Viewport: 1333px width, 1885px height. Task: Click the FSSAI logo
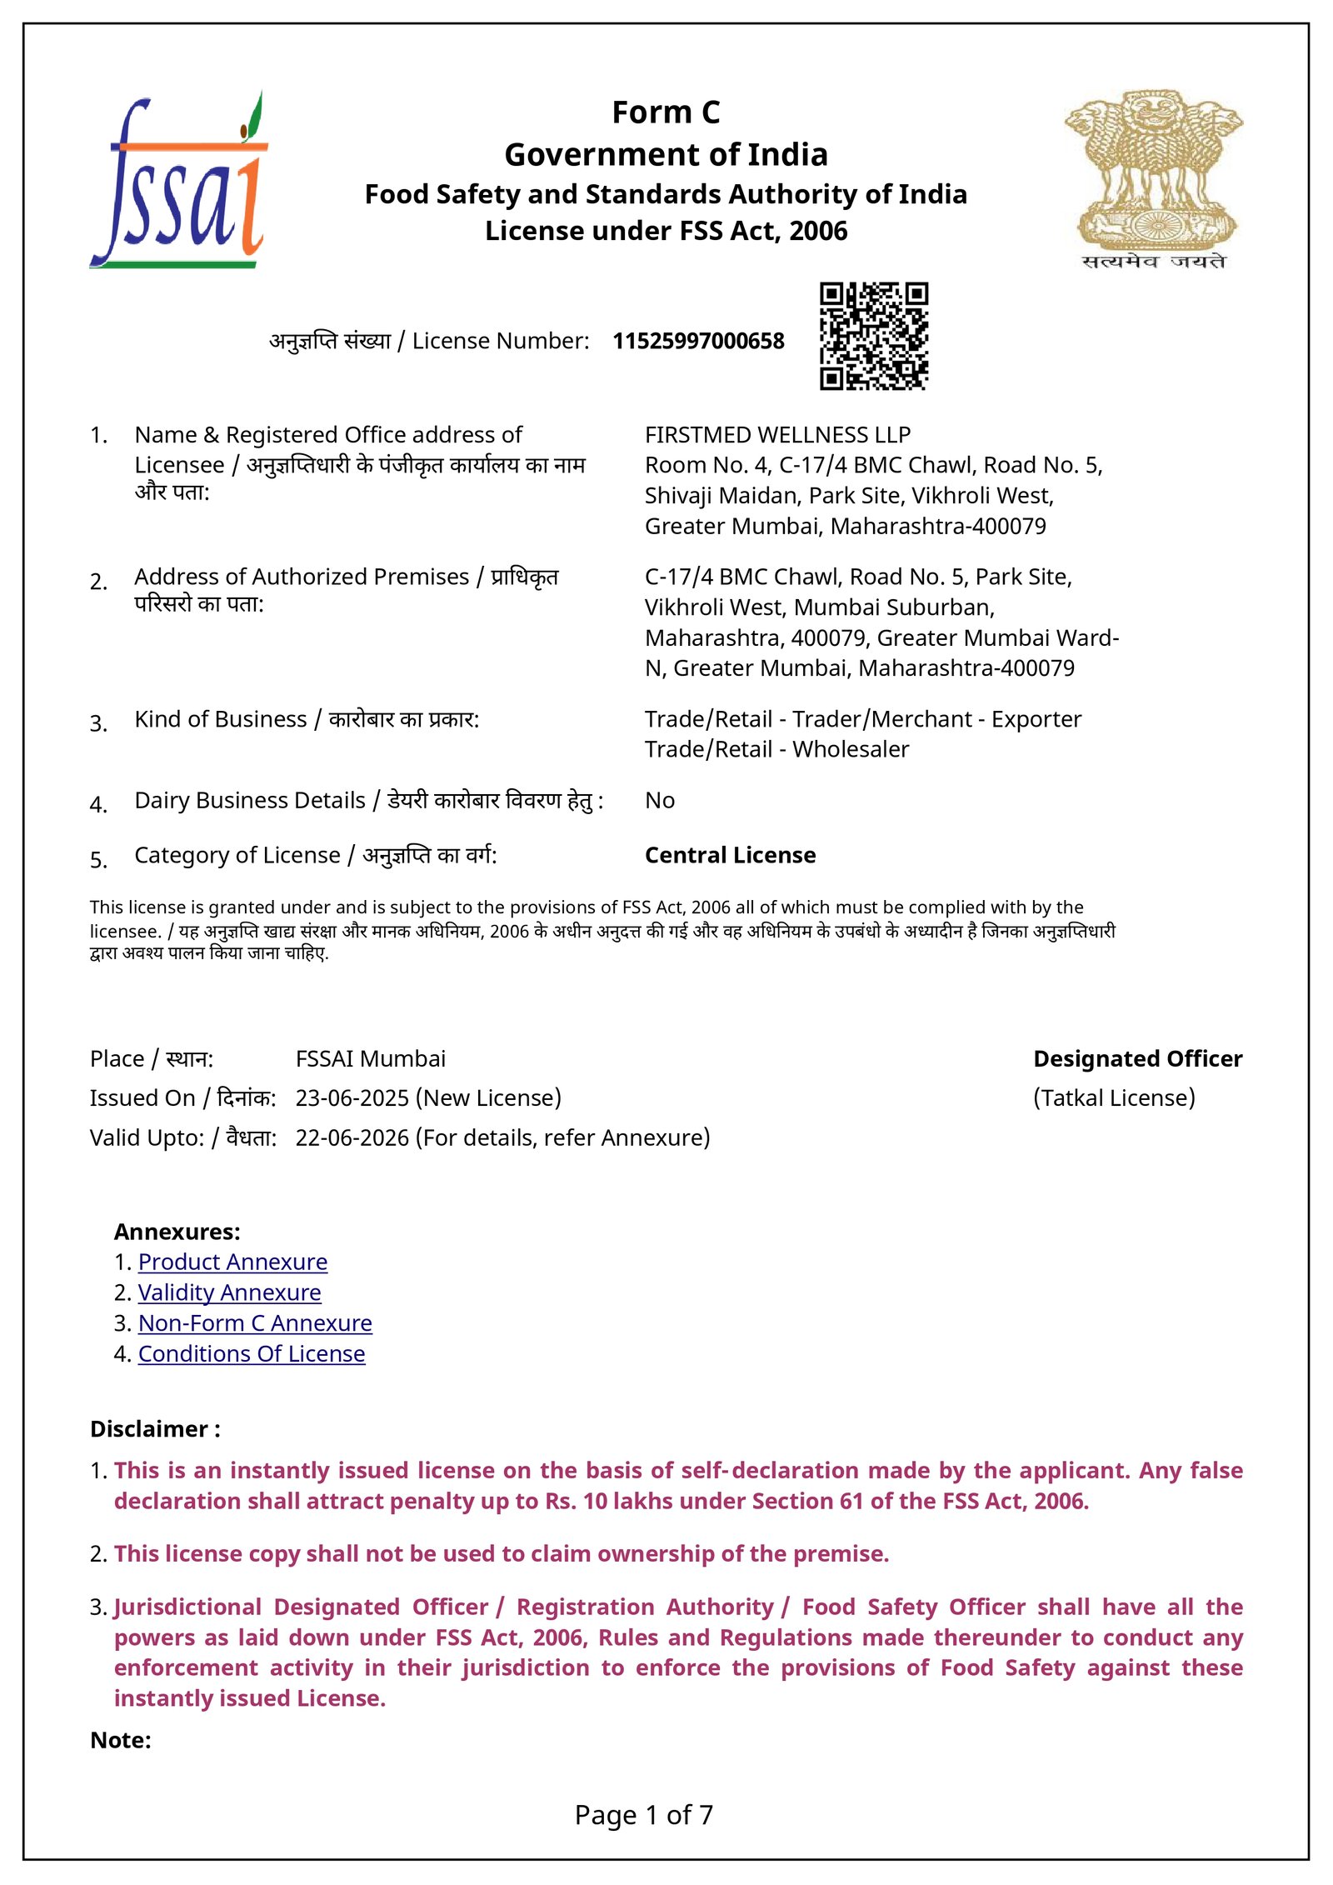(178, 182)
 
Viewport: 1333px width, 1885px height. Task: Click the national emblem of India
(1154, 179)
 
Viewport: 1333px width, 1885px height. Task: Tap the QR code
(874, 336)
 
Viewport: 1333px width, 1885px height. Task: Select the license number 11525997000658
(698, 341)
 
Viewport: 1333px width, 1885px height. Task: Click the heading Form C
(666, 112)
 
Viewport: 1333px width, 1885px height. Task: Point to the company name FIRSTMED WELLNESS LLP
(777, 435)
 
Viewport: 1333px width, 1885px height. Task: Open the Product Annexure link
(232, 1262)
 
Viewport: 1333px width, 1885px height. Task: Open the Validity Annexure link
(229, 1292)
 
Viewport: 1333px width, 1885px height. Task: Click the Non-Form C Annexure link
(255, 1323)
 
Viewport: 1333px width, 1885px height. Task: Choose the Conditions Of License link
(252, 1354)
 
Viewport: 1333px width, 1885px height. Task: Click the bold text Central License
(730, 855)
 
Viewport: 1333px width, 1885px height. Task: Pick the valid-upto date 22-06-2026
(352, 1137)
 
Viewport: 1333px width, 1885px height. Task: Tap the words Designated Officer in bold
(1137, 1058)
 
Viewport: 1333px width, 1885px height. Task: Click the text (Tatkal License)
(1114, 1098)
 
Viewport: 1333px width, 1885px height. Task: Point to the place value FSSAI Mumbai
(371, 1058)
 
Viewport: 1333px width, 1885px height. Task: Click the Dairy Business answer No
(660, 800)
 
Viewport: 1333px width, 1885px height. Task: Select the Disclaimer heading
(155, 1429)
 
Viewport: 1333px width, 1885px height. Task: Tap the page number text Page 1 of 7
(644, 1814)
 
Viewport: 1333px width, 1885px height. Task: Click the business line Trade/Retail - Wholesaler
(776, 749)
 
